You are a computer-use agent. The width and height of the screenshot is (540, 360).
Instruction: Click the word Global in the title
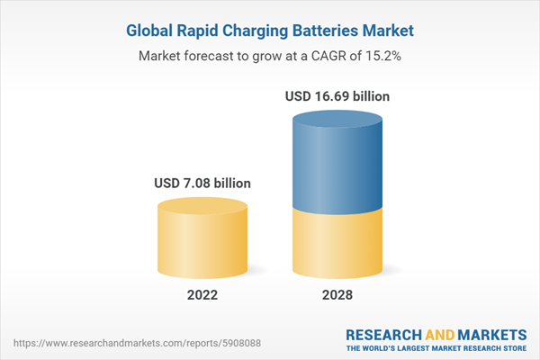coord(151,31)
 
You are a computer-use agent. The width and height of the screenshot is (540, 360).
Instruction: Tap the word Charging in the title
coord(262,31)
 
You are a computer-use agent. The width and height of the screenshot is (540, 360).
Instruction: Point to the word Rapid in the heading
coord(203,31)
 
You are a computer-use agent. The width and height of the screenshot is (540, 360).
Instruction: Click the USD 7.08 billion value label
coord(202,184)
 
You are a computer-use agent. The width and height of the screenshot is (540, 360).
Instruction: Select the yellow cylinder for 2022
coord(202,243)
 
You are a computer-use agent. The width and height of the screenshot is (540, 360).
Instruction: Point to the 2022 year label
coord(202,295)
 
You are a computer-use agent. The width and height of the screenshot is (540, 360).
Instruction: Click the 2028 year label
coord(338,295)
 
